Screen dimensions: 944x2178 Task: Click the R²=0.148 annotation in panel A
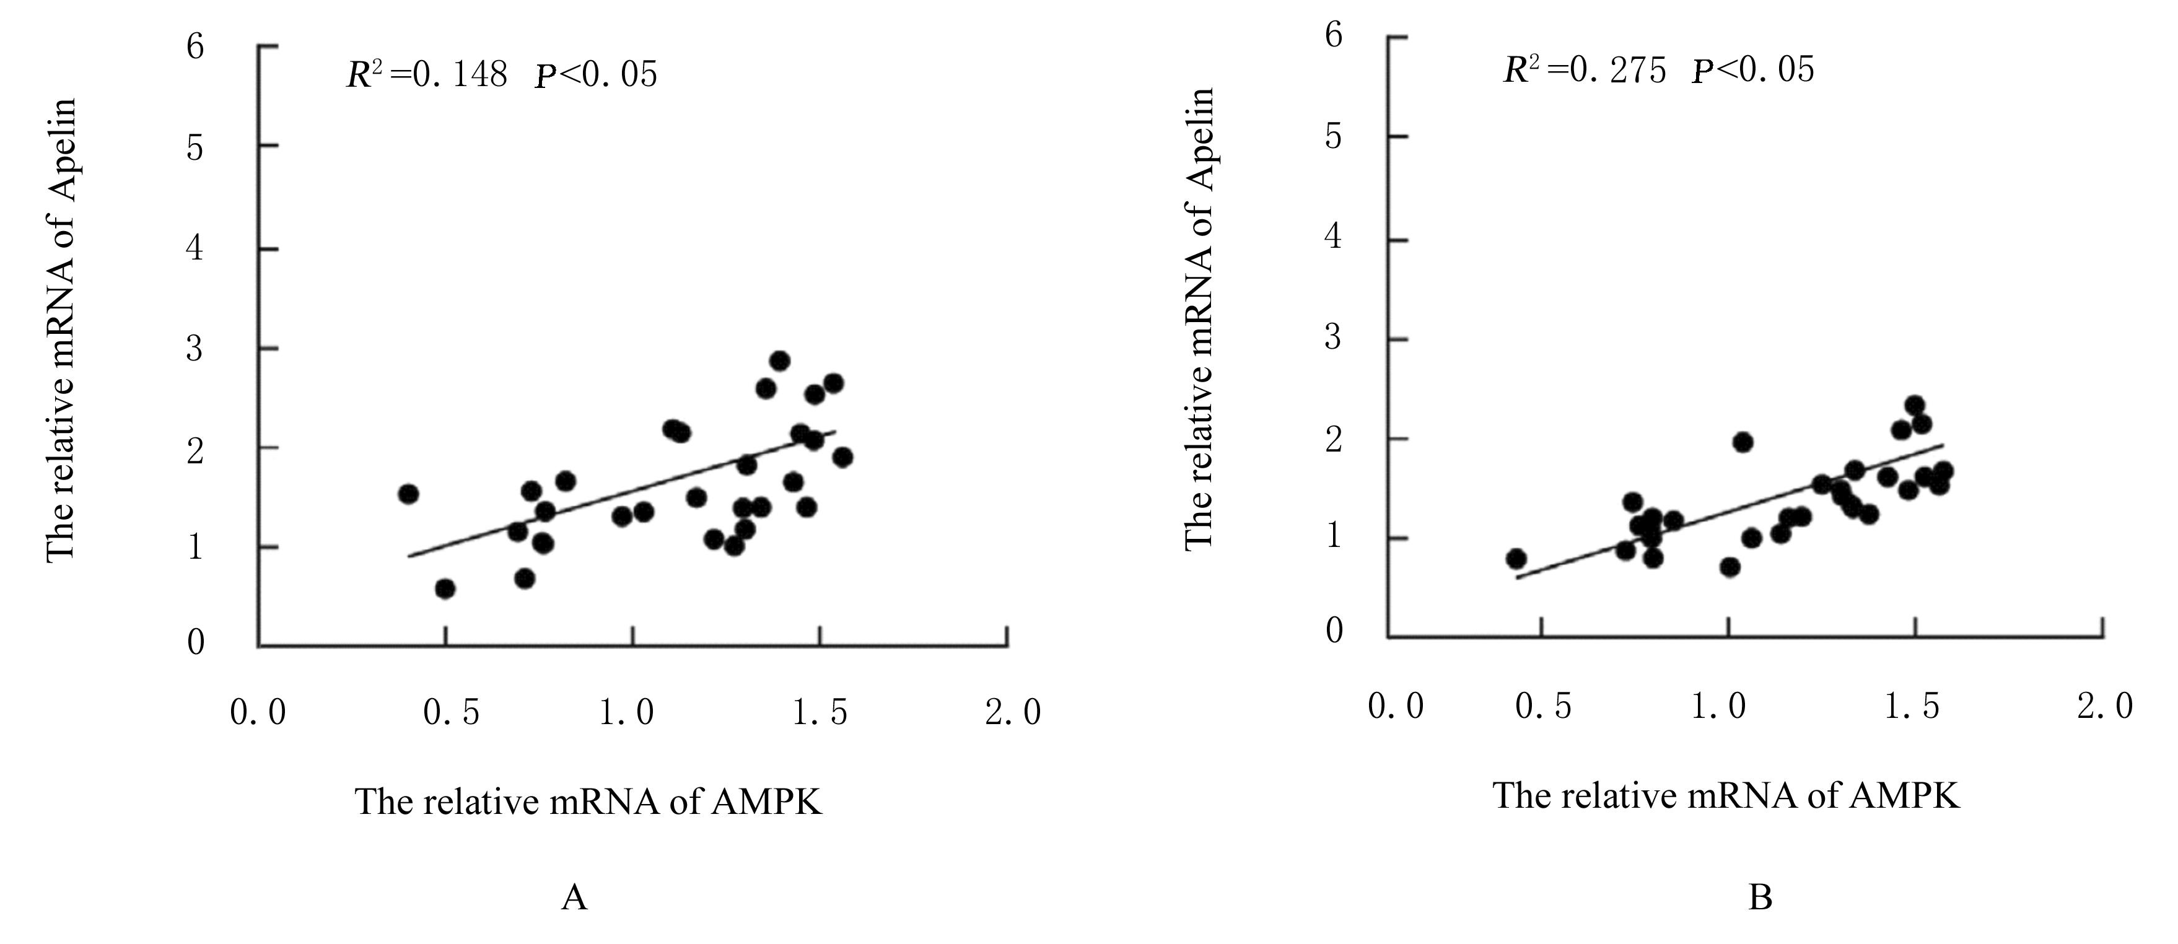pyautogui.click(x=427, y=75)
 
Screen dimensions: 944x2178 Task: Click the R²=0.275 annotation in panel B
pyautogui.click(x=1583, y=69)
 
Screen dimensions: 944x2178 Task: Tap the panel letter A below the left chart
pyautogui.click(x=574, y=897)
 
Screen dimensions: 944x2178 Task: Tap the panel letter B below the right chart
pyautogui.click(x=1759, y=897)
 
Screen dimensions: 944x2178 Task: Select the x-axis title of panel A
pyautogui.click(x=588, y=801)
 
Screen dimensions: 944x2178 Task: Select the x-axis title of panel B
pyautogui.click(x=1726, y=796)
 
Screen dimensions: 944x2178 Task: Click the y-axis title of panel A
pyautogui.click(x=61, y=330)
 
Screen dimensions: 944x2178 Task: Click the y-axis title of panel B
pyautogui.click(x=1199, y=320)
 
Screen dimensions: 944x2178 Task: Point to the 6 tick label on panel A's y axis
pyautogui.click(x=195, y=46)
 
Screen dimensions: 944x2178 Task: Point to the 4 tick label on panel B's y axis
pyautogui.click(x=1333, y=236)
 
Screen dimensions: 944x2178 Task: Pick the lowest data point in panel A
pyautogui.click(x=445, y=588)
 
